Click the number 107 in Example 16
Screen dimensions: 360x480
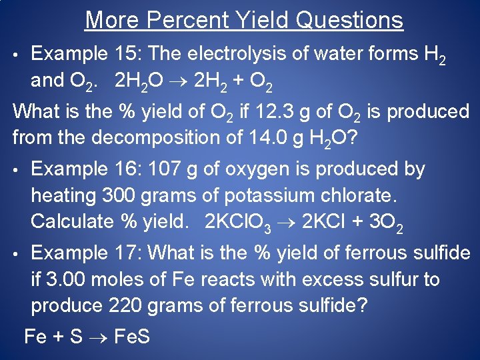click(165, 169)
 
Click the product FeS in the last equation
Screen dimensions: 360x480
click(132, 336)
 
